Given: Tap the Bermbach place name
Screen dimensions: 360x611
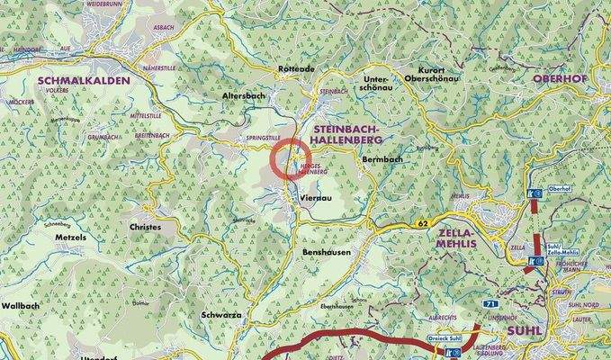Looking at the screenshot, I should click(x=383, y=159).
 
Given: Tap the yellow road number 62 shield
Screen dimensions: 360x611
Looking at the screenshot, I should click(x=422, y=221).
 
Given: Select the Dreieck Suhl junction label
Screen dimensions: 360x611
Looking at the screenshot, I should click(x=443, y=340).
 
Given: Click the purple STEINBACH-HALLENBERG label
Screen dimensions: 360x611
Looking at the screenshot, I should click(x=359, y=135).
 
